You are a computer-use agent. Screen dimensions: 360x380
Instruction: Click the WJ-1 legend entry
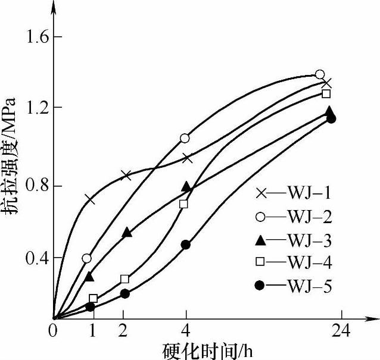coord(289,194)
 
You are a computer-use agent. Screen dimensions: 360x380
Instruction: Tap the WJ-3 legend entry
coord(289,240)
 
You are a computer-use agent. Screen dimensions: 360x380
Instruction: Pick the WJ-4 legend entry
coord(289,263)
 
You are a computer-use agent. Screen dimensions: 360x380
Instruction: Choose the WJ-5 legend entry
coord(289,286)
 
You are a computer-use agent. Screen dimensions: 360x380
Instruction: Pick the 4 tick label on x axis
coord(186,331)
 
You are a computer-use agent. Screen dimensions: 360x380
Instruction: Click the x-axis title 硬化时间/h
coord(207,350)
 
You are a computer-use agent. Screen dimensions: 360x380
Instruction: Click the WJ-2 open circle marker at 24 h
coord(319,74)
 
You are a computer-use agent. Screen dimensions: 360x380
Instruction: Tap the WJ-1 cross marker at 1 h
coord(91,199)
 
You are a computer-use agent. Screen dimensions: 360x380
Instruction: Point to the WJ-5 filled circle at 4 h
coord(185,245)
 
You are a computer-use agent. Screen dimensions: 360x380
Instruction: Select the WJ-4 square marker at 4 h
coord(183,204)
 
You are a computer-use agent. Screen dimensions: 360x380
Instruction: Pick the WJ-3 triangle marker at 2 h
coord(126,232)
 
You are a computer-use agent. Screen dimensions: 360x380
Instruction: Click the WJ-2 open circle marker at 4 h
coord(185,138)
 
